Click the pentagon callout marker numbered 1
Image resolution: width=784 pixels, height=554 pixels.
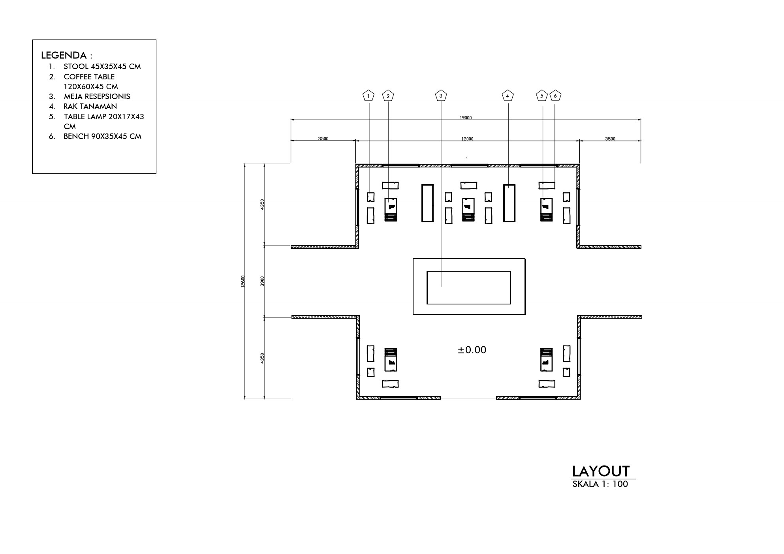368,96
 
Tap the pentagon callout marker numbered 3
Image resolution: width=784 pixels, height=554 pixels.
441,96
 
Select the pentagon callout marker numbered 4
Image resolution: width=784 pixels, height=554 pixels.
508,96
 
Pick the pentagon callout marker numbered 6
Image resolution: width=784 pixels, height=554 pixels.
555,96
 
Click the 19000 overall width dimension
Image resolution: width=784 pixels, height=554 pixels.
466,118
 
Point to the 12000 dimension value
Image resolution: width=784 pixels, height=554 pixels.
467,139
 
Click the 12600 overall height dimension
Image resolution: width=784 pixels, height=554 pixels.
243,282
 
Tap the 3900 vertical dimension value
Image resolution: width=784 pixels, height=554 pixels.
263,282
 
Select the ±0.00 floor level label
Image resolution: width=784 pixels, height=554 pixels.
472,350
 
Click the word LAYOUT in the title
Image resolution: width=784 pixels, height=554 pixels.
601,471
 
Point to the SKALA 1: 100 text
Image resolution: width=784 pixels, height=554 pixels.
600,484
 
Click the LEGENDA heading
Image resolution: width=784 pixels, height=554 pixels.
67,55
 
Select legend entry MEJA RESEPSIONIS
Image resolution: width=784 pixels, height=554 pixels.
97,96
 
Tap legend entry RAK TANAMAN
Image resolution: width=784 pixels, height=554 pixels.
90,106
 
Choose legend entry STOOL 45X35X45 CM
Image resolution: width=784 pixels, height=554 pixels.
102,66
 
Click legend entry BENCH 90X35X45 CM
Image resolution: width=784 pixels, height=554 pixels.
102,136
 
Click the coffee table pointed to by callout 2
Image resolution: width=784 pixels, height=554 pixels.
391,209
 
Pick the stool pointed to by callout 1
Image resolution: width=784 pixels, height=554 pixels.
370,197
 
